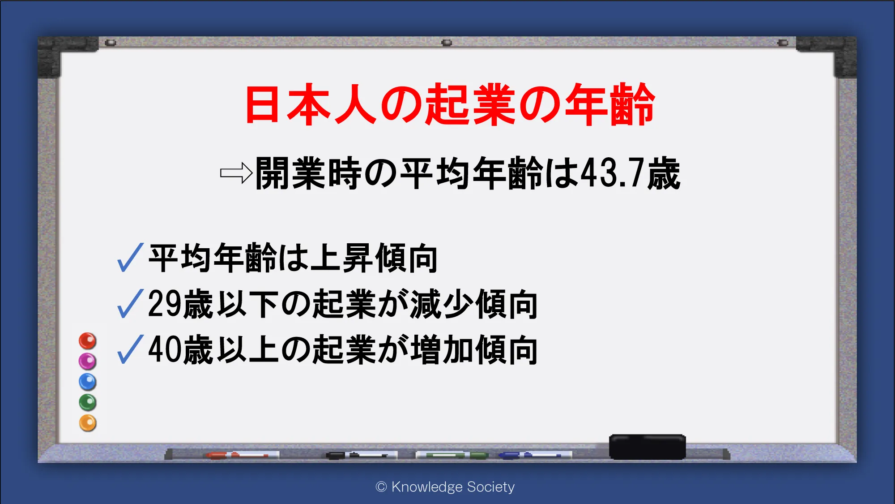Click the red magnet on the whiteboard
tap(88, 341)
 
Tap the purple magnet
tap(88, 361)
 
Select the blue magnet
tap(88, 382)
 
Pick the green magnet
tap(88, 402)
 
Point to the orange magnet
tap(88, 423)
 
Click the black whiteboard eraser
tap(647, 447)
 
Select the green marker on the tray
tap(452, 455)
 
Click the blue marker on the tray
tap(535, 455)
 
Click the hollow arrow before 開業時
tap(236, 173)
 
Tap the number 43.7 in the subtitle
tap(613, 173)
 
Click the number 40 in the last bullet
tap(165, 349)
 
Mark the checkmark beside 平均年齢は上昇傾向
tap(130, 257)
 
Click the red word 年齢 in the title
tap(610, 104)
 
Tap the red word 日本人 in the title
tap(311, 104)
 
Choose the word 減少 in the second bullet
tap(442, 304)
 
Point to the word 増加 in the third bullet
tap(442, 349)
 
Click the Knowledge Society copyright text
tap(445, 487)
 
